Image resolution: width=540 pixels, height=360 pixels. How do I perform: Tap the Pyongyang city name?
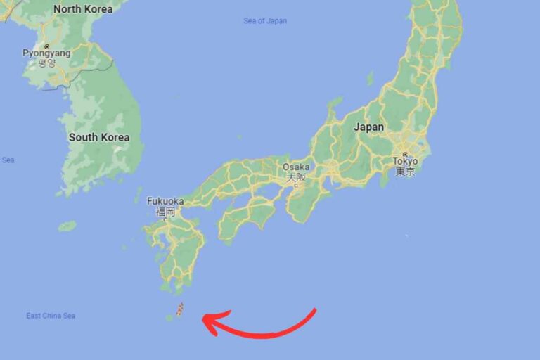click(x=46, y=53)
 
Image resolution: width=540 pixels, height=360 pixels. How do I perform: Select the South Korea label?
click(x=98, y=137)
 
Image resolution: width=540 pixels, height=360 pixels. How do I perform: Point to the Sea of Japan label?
click(x=265, y=21)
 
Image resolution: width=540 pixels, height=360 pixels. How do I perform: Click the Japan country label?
click(x=368, y=127)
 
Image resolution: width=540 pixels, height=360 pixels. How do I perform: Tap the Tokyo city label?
click(x=405, y=162)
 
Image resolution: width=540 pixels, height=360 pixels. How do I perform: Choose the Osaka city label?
click(x=295, y=167)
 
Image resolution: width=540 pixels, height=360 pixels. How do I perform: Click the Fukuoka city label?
click(x=165, y=201)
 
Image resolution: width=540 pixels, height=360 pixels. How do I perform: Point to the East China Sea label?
click(x=51, y=316)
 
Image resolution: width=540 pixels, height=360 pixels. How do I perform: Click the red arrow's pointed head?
click(x=206, y=320)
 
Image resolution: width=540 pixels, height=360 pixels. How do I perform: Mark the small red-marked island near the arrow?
click(x=180, y=309)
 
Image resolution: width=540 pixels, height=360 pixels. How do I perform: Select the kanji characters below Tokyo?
click(x=405, y=172)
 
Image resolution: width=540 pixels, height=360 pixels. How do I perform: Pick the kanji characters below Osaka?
click(x=295, y=177)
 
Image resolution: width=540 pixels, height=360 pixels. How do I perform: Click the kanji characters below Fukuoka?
click(x=165, y=211)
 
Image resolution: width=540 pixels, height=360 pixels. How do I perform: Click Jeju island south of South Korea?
click(x=67, y=226)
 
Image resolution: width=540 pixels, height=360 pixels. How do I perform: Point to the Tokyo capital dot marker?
click(x=405, y=154)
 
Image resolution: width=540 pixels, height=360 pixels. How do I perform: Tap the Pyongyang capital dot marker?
click(x=46, y=46)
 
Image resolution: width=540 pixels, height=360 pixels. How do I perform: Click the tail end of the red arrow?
click(x=315, y=310)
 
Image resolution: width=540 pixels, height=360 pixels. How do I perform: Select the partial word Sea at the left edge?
click(x=8, y=160)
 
